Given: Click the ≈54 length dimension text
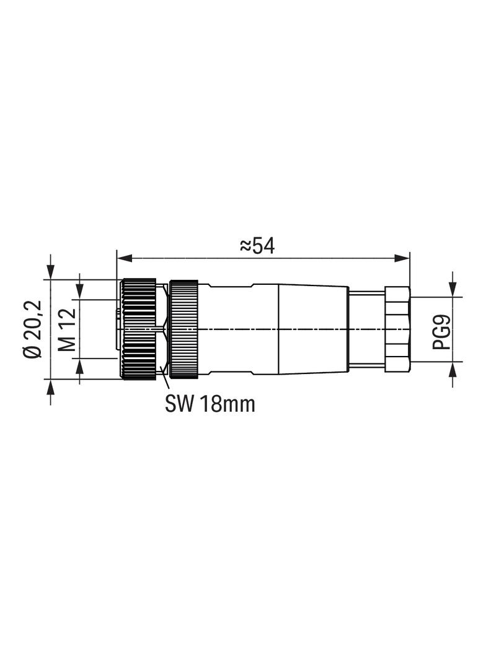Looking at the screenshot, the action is coord(257,246).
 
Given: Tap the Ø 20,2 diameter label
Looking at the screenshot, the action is coord(33,329).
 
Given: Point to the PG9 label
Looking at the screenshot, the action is coord(441,332).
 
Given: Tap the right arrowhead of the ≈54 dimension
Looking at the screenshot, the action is coord(401,258).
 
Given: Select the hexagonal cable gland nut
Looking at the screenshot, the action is coord(397,329).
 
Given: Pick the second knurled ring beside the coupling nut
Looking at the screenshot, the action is coord(183,328).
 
